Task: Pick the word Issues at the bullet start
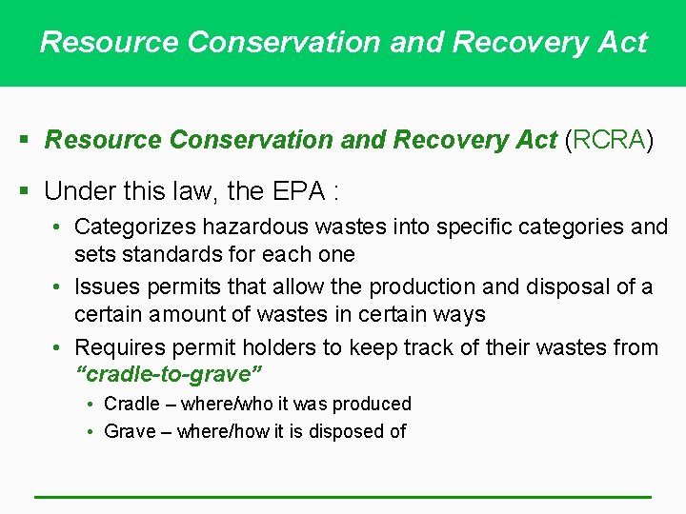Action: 105,287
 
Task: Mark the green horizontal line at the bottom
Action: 343,496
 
